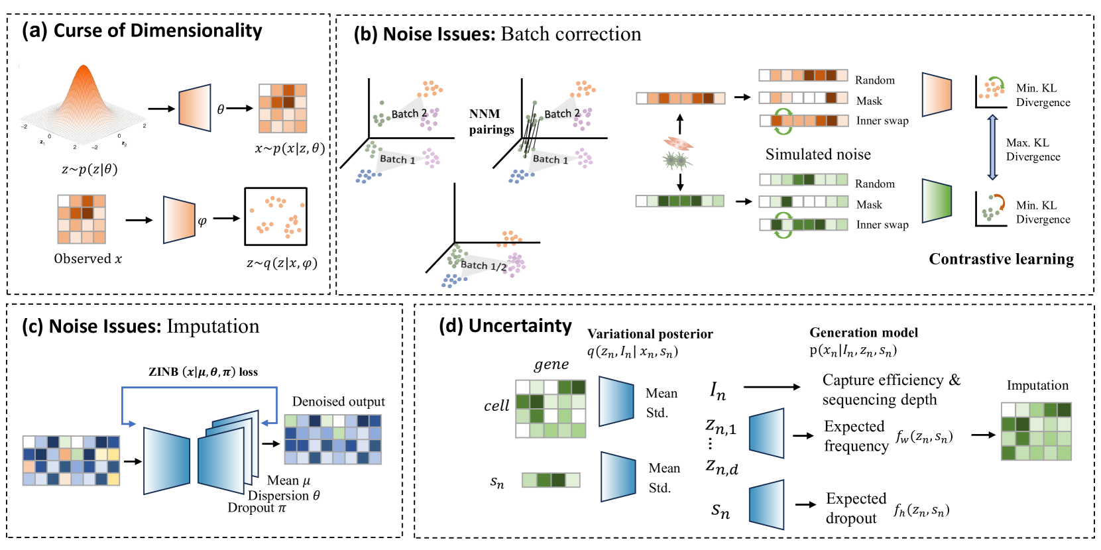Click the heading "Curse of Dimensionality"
point(158,30)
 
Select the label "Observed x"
point(88,258)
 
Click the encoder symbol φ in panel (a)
point(202,221)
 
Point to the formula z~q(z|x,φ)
point(282,263)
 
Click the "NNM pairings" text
point(491,122)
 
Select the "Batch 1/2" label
point(484,265)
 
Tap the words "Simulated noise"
point(818,154)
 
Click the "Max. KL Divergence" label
point(1033,150)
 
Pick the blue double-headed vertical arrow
point(992,147)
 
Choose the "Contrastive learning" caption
point(1001,259)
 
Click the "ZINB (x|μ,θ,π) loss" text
point(203,372)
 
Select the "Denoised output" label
point(338,402)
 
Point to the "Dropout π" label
point(257,508)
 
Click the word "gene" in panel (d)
point(551,364)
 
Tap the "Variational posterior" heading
point(650,334)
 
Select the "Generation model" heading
point(864,333)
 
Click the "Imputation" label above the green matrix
point(1037,386)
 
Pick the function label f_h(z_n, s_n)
point(921,510)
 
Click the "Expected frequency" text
point(856,436)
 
